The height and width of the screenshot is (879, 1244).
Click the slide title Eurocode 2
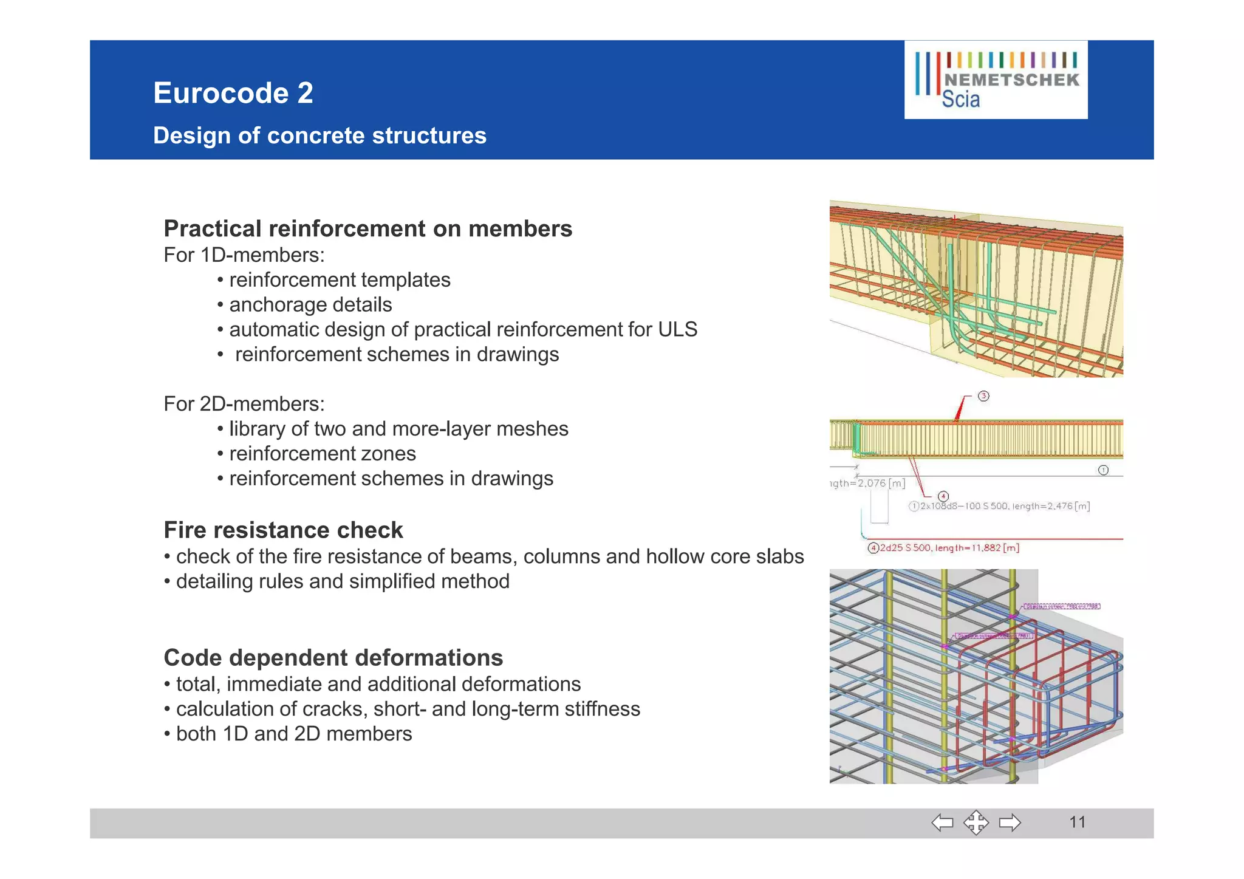233,93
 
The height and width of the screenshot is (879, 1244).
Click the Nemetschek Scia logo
996,80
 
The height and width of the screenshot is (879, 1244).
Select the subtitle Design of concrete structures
320,135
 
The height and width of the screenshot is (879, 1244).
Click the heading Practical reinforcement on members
367,229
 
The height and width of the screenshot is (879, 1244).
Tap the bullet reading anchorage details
310,304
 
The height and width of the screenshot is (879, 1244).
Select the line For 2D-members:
244,404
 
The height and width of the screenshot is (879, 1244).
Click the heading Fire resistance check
283,530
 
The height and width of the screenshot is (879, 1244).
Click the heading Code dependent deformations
333,658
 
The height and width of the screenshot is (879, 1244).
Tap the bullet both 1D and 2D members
293,734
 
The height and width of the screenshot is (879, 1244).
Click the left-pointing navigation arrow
942,823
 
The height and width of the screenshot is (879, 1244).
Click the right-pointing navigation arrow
1010,823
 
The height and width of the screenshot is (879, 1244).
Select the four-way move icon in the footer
976,823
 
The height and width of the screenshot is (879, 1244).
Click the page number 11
1077,823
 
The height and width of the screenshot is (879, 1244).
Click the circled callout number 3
983,396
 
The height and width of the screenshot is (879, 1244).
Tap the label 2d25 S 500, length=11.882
949,548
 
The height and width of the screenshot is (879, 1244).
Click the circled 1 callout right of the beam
1103,470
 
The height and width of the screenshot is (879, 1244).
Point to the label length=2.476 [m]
1051,506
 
